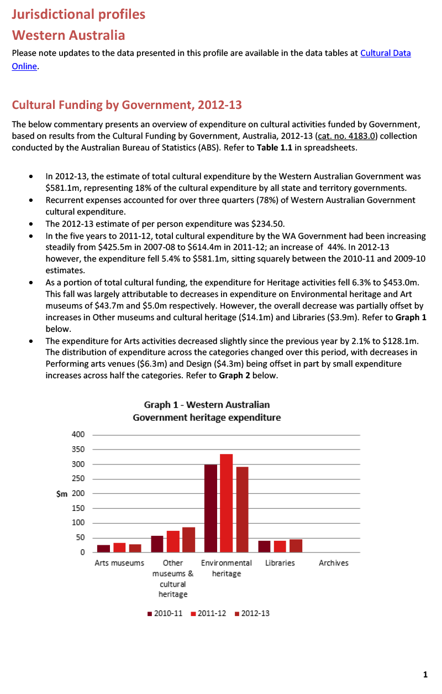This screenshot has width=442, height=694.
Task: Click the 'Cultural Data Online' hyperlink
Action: [x=385, y=54]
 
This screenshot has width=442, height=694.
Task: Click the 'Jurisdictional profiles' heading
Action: [x=78, y=14]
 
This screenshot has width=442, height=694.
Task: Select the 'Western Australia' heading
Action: [x=69, y=35]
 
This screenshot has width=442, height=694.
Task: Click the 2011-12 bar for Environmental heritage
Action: [x=226, y=503]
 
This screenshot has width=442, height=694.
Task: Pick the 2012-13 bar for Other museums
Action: [x=188, y=539]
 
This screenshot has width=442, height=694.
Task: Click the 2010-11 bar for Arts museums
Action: [x=103, y=548]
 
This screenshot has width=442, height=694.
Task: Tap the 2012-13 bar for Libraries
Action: [x=296, y=545]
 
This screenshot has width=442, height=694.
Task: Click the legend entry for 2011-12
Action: [x=208, y=614]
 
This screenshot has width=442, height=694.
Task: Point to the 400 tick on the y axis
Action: [x=78, y=435]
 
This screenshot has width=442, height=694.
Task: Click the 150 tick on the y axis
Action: [x=78, y=508]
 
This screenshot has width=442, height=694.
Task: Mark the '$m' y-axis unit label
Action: [x=62, y=493]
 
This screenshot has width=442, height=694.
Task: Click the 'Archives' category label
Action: [x=333, y=563]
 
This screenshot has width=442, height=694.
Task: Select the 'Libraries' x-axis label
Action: [x=280, y=563]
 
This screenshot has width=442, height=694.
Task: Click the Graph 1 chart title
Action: [x=207, y=411]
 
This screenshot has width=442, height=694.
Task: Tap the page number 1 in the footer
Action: [x=425, y=675]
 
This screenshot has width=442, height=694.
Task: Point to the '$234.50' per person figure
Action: [x=267, y=224]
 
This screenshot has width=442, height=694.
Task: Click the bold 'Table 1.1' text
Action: [x=274, y=148]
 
